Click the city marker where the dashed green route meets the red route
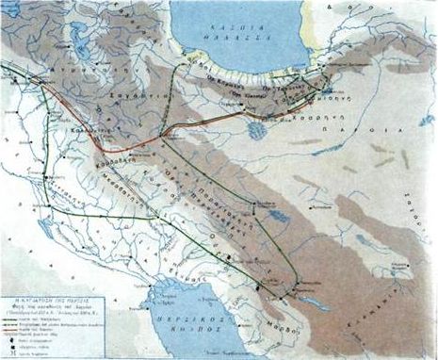pos(164,135)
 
